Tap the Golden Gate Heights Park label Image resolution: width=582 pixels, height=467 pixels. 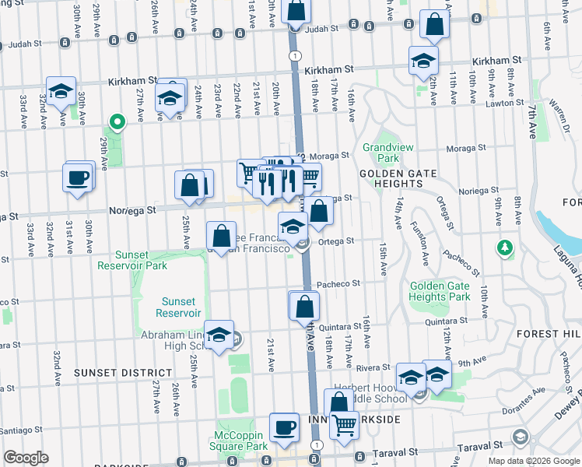[x=440, y=291]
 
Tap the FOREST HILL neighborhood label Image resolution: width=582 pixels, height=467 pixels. [x=549, y=333]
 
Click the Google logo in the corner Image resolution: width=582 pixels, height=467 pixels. [x=26, y=458]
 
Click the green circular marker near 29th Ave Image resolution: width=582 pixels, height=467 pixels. [x=117, y=121]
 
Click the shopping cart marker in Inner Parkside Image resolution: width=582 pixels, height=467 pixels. [x=344, y=425]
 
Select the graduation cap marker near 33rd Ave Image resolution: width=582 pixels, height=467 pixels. [x=61, y=91]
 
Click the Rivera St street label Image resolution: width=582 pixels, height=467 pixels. [x=373, y=367]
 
